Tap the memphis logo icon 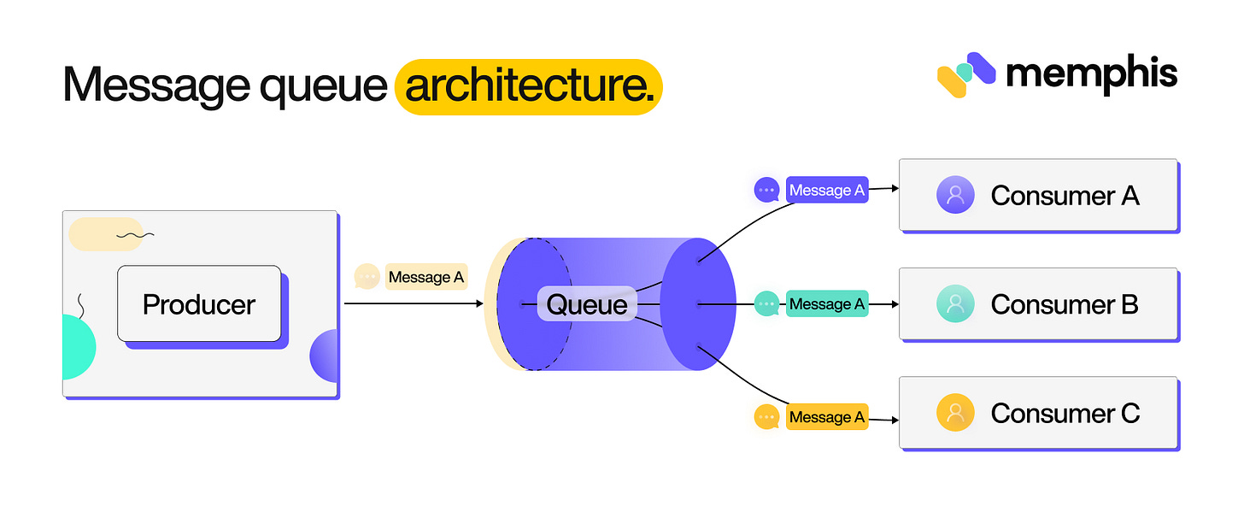965,74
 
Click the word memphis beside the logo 1092,74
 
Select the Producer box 199,303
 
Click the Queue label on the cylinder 587,304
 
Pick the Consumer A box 1038,195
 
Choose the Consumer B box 1038,304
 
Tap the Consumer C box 1038,414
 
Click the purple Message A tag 826,191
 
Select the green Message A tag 826,304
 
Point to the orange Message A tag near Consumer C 826,417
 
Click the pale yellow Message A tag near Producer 425,277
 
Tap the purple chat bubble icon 766,190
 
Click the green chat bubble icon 766,303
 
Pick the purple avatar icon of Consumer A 955,195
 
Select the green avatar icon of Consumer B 955,304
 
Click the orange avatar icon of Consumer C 955,414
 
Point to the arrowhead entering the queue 479,303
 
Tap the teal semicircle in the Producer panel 77,347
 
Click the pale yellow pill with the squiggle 105,233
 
